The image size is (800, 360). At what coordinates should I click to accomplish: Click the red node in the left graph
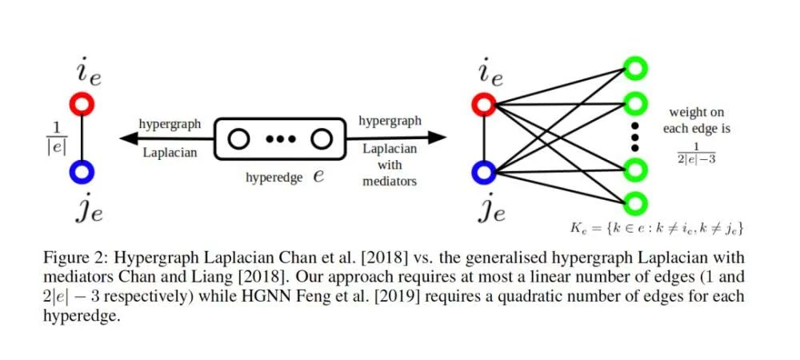click(83, 104)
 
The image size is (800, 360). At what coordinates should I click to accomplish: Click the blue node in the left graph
click(83, 171)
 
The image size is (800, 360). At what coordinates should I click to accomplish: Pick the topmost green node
click(635, 70)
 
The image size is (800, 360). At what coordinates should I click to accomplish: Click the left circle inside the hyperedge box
click(238, 138)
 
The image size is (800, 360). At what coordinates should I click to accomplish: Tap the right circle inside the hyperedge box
click(322, 138)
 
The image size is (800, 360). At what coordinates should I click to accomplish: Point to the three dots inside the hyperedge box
click(280, 139)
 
